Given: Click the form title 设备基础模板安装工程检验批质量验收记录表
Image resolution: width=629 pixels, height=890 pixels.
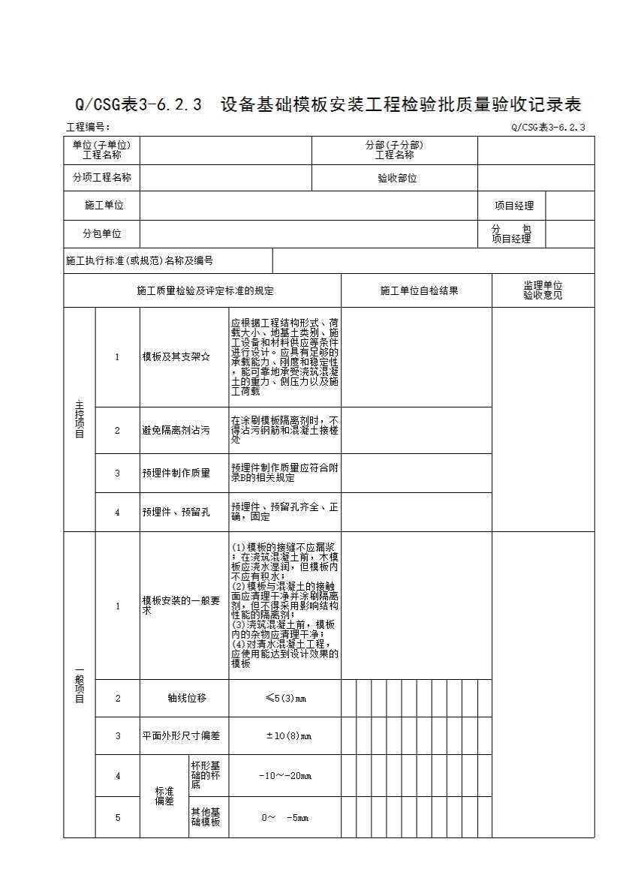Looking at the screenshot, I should [401, 104].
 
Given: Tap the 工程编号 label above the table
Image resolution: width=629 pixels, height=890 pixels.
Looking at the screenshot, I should [88, 128].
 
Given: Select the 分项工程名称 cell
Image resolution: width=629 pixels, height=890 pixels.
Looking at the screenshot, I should [101, 178].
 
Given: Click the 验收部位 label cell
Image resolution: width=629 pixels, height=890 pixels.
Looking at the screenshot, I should [397, 179].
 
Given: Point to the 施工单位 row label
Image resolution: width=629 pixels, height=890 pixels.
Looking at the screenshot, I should [104, 206].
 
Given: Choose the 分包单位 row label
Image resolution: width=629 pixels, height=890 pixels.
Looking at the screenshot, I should [101, 234].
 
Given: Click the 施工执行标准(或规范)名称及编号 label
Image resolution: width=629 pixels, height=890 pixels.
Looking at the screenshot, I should [140, 261].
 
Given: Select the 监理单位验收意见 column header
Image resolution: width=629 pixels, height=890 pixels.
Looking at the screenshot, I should [543, 290].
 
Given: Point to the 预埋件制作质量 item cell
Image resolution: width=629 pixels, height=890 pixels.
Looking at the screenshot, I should [176, 474].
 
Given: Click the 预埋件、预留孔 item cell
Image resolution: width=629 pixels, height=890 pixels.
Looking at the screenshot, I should [176, 513].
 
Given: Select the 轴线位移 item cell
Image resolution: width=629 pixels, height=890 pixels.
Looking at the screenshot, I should [186, 699].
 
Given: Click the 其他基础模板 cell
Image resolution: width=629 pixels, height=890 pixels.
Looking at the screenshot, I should [206, 817].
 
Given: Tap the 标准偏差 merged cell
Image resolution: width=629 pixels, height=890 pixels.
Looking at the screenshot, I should [164, 796].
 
